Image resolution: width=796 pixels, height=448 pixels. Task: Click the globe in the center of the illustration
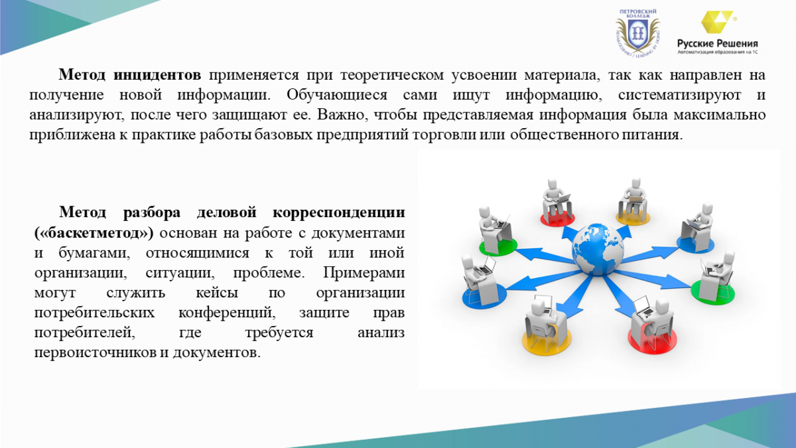coord(598,250)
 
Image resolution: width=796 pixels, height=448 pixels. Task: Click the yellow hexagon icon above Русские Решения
coord(717,22)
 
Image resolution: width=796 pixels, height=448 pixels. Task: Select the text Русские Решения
coord(718,44)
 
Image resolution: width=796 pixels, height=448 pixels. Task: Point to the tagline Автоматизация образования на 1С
coord(718,52)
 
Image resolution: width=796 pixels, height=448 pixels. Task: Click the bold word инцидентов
coord(157,75)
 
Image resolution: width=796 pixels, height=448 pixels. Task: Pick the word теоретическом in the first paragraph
coord(392,76)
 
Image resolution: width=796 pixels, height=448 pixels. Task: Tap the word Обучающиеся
coord(337,96)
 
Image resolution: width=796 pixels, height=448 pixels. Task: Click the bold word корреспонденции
coord(339,212)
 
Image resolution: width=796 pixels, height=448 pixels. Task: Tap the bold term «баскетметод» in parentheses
coord(94,233)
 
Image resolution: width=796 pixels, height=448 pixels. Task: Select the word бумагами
coord(94,253)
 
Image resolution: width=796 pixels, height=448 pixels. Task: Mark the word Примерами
coord(364,273)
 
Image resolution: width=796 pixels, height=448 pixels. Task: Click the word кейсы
coord(217,293)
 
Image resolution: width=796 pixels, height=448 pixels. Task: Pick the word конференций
coord(227,313)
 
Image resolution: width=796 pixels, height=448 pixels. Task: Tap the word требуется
coord(279,333)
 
